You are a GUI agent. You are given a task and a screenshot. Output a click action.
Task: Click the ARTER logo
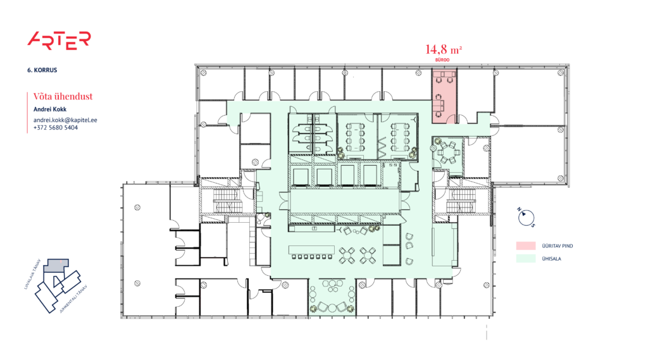tap(59, 40)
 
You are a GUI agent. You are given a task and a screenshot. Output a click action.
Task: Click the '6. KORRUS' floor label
tap(42, 70)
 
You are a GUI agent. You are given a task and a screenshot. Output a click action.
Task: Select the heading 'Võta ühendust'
tap(63, 97)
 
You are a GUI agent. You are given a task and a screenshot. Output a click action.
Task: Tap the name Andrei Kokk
tap(49, 109)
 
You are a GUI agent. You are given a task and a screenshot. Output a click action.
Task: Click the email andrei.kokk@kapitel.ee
tap(65, 120)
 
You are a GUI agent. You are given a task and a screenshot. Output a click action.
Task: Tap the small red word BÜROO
tap(442, 59)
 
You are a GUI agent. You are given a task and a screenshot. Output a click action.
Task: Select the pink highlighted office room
tap(445, 95)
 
